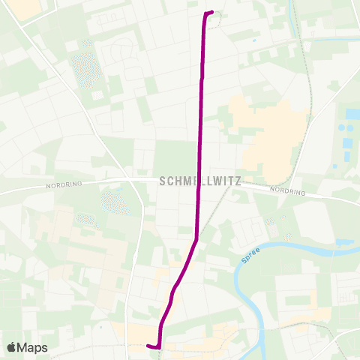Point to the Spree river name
pos(251,259)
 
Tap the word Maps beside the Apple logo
pos(34,347)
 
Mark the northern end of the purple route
pos(211,12)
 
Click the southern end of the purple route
pos(148,345)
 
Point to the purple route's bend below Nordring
pos(196,241)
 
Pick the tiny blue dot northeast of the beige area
pos(255,40)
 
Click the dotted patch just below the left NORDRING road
pos(114,201)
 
